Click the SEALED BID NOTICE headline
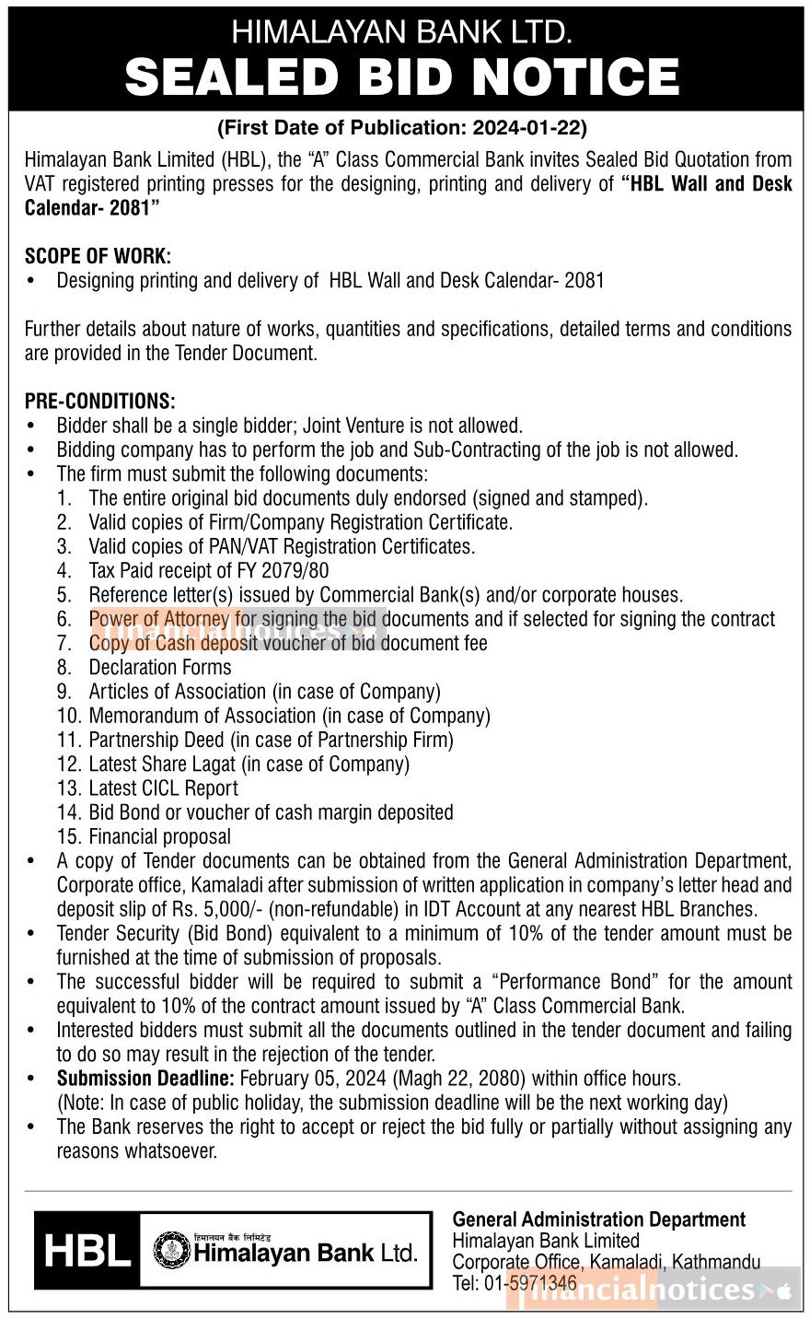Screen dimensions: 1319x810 pyautogui.click(x=402, y=76)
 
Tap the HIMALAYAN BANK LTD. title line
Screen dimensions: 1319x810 pyautogui.click(x=402, y=32)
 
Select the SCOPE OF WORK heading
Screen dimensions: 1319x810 pyautogui.click(x=98, y=256)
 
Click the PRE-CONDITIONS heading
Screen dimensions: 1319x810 pyautogui.click(x=99, y=402)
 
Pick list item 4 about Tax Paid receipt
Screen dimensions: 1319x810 pyautogui.click(x=208, y=571)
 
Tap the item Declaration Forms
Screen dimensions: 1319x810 pyautogui.click(x=160, y=668)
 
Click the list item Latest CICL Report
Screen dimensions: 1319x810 pyautogui.click(x=163, y=788)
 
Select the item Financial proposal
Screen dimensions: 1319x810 pyautogui.click(x=159, y=837)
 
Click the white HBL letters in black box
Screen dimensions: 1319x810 pyautogui.click(x=87, y=1252)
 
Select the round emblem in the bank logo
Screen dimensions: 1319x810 pyautogui.click(x=170, y=1251)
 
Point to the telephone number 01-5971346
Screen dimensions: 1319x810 pyautogui.click(x=529, y=1283)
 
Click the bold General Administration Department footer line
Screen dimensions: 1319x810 pyautogui.click(x=598, y=1220)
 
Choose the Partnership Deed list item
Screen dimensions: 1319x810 pyautogui.click(x=271, y=741)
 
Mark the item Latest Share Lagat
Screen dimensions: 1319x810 pyautogui.click(x=249, y=765)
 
